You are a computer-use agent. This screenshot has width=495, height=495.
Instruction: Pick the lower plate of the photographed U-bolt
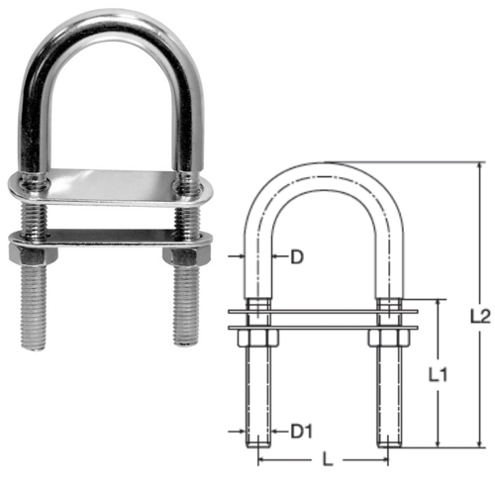[x=109, y=237]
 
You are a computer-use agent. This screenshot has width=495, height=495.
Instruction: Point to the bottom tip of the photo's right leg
[x=185, y=341]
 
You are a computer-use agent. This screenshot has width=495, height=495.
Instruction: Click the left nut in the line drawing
[x=259, y=338]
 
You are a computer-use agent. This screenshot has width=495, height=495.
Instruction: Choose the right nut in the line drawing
[x=388, y=338]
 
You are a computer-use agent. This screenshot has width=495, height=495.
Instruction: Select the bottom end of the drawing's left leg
[x=259, y=445]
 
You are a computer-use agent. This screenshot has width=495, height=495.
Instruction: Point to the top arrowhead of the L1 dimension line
[x=438, y=301]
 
